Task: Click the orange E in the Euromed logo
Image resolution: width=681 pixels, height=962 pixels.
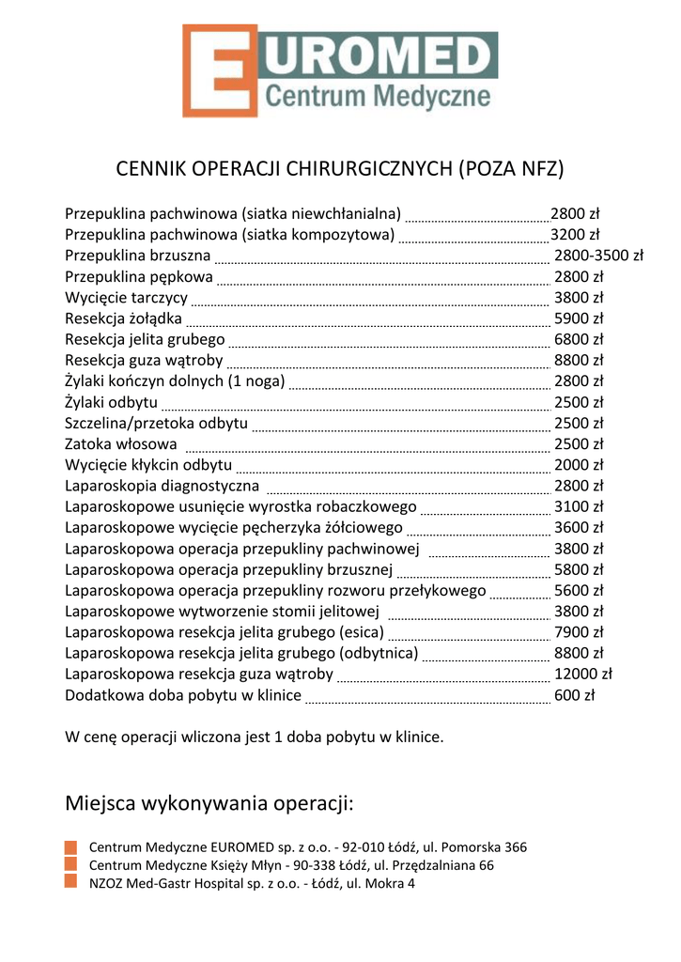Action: (219, 71)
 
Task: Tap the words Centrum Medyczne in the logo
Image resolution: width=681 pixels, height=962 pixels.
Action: (378, 96)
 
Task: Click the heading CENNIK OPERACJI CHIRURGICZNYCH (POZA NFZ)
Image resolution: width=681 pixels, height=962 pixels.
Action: (339, 170)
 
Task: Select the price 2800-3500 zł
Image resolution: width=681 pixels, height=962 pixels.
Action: (598, 256)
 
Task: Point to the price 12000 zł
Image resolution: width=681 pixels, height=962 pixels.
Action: (583, 675)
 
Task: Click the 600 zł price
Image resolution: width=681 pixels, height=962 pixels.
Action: (575, 696)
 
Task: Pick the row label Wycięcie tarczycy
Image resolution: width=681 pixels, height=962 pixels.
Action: (126, 298)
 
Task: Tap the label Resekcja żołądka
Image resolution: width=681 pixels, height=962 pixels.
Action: (123, 318)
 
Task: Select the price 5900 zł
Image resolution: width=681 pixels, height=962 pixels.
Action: (579, 318)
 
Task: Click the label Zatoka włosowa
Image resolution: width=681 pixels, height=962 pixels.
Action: (121, 444)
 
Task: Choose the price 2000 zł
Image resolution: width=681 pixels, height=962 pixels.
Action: (579, 465)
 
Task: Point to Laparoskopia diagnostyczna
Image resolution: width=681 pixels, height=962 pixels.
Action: (162, 486)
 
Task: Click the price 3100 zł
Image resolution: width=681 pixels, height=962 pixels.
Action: (579, 507)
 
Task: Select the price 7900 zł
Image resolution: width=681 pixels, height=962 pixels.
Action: (579, 633)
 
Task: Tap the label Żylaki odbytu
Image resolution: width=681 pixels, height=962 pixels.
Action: (111, 402)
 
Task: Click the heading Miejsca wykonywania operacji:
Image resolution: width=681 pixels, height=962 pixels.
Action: (209, 804)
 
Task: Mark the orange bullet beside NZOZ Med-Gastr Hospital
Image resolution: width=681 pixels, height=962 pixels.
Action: (70, 882)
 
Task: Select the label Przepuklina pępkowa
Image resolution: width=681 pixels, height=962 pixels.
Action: (139, 277)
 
